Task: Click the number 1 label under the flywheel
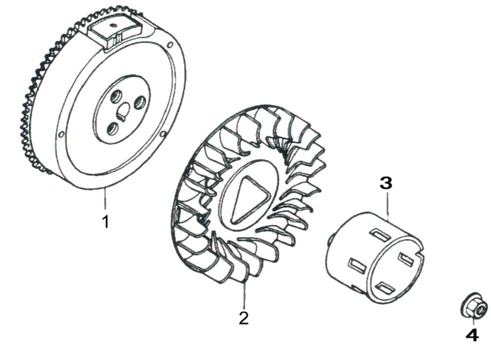106,222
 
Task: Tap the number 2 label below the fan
244,318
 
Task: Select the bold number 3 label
386,183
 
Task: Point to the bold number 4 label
472,335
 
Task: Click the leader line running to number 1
105,199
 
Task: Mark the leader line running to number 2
244,295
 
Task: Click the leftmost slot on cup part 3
357,265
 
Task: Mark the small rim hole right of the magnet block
169,45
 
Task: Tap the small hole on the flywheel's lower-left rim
61,134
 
